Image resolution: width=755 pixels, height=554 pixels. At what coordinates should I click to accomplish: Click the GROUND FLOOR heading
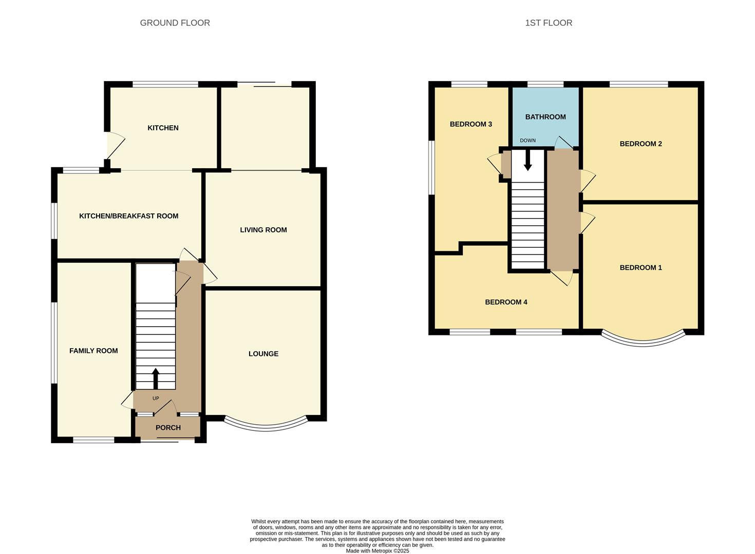(175, 23)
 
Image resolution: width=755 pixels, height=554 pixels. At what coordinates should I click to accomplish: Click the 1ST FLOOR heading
(548, 23)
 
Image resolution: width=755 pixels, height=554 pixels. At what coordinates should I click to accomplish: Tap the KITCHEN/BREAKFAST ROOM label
(128, 216)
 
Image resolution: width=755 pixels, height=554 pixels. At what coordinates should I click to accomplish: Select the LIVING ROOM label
(263, 230)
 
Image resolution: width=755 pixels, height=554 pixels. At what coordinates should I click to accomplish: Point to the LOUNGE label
(263, 353)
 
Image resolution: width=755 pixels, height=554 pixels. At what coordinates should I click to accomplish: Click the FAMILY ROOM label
(93, 351)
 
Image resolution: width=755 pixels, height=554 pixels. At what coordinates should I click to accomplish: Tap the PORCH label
(168, 427)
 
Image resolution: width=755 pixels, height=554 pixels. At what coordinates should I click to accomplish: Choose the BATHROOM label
(545, 117)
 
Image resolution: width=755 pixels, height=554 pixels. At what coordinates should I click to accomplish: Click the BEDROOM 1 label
(640, 267)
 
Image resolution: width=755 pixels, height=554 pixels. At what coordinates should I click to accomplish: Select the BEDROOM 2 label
(640, 144)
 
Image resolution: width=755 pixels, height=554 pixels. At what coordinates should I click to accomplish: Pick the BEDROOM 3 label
(470, 124)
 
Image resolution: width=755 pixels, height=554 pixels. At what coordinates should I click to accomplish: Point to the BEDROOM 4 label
(506, 302)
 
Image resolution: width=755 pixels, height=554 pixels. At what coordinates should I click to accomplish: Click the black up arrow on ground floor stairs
(156, 378)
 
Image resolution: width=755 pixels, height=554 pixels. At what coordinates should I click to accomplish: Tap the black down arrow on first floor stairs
(527, 161)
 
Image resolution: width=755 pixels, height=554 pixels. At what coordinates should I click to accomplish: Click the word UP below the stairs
(156, 399)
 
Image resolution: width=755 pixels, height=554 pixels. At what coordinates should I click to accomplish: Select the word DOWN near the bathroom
(527, 141)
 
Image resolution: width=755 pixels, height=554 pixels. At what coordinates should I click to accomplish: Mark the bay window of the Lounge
(266, 425)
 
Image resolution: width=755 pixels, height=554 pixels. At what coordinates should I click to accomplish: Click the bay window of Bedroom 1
(643, 341)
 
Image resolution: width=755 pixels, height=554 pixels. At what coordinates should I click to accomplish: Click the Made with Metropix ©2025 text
(377, 550)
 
